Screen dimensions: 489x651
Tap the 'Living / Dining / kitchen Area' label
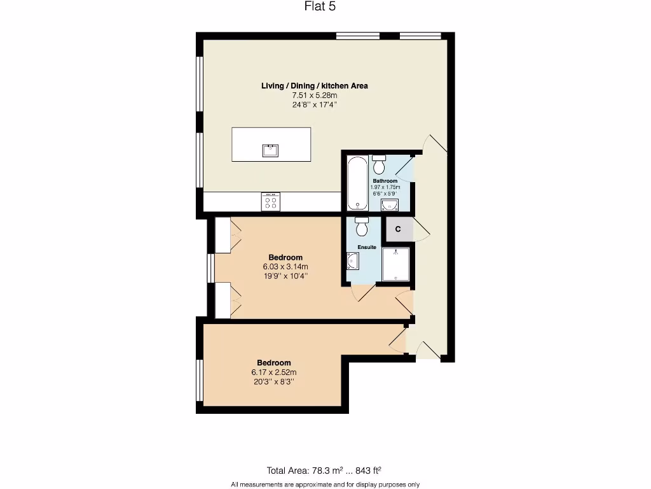click(x=314, y=85)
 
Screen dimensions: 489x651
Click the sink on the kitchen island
click(x=270, y=150)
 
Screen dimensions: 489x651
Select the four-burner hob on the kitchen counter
click(x=270, y=202)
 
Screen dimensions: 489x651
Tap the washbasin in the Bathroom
click(x=388, y=204)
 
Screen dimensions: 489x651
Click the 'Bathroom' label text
click(x=385, y=181)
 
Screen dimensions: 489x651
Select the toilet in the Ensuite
click(x=362, y=227)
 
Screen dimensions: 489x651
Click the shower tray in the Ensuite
click(x=395, y=264)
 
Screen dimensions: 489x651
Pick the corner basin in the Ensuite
click(x=353, y=261)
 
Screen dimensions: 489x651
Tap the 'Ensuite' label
click(x=366, y=247)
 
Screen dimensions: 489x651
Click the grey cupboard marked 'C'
click(x=398, y=229)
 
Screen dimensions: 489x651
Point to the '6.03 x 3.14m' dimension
click(x=285, y=267)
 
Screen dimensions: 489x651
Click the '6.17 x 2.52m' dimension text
click(x=273, y=372)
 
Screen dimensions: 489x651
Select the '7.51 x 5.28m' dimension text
click(x=314, y=95)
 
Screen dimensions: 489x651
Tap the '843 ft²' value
click(x=368, y=471)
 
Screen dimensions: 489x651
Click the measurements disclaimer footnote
click(x=325, y=484)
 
